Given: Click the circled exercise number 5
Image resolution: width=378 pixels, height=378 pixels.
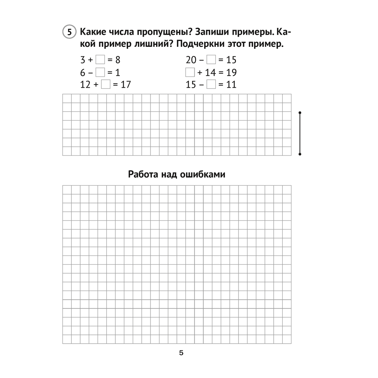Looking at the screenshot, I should (x=69, y=33).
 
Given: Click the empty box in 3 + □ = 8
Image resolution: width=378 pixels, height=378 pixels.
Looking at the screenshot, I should (x=100, y=60).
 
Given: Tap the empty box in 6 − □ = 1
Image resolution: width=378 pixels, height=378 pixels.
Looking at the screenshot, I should (x=100, y=72).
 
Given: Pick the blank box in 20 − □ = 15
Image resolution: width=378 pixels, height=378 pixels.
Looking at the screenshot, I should (x=212, y=60).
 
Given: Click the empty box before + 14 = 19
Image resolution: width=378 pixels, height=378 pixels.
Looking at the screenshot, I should (x=190, y=72).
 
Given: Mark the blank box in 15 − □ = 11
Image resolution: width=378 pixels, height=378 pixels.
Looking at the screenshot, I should (x=212, y=84).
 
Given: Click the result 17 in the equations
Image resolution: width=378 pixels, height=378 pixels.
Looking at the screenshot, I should (x=125, y=84).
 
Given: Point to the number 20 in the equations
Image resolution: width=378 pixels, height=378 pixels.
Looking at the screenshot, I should (x=192, y=60).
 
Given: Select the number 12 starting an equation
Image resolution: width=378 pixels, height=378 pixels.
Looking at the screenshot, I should (x=85, y=84).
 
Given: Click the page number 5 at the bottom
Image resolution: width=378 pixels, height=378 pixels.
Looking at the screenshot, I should (x=181, y=353).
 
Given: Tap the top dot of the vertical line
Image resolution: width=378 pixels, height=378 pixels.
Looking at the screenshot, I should (x=300, y=113).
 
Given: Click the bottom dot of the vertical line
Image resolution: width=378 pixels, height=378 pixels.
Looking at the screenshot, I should (x=300, y=154).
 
